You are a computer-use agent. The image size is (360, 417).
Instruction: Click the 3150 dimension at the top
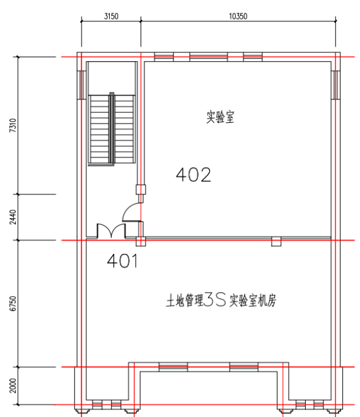pyautogui.click(x=111, y=16)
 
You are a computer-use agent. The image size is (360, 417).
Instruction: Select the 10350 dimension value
pyautogui.click(x=238, y=16)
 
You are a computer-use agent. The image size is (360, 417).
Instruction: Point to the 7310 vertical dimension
pyautogui.click(x=13, y=125)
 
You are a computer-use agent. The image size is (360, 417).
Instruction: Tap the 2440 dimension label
pyautogui.click(x=13, y=217)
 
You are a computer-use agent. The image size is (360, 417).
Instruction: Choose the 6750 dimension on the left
pyautogui.click(x=13, y=304)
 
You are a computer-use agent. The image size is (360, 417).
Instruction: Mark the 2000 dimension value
pyautogui.click(x=13, y=386)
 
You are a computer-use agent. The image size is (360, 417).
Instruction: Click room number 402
pyautogui.click(x=194, y=174)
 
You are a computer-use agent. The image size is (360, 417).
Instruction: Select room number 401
pyautogui.click(x=122, y=261)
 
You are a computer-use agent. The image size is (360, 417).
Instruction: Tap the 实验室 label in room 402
pyautogui.click(x=220, y=117)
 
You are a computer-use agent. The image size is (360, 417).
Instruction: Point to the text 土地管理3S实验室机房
pyautogui.click(x=221, y=300)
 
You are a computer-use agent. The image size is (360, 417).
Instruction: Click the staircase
pyautogui.click(x=112, y=129)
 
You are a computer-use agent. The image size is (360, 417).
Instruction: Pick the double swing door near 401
pyautogui.click(x=111, y=231)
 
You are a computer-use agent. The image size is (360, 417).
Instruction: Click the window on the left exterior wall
pyautogui.click(x=81, y=85)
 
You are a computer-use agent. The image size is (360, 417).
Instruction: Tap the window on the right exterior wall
pyautogui.click(x=335, y=85)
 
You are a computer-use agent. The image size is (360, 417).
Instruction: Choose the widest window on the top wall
pyautogui.click(x=209, y=57)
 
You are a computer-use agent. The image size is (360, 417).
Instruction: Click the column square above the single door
pyautogui.click(x=141, y=190)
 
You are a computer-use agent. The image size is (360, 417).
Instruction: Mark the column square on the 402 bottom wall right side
pyautogui.click(x=276, y=241)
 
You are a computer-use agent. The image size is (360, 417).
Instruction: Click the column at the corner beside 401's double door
pyautogui.click(x=141, y=241)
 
